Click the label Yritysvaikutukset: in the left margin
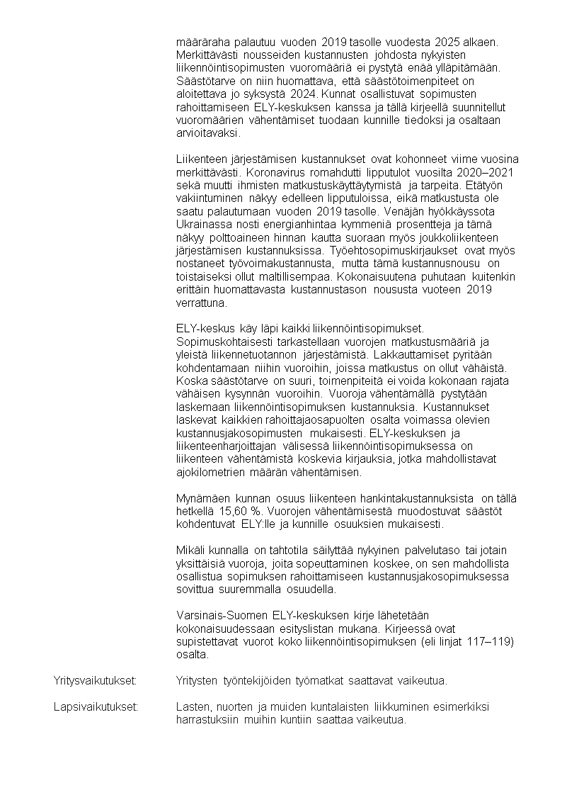[95, 681]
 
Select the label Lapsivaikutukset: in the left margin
[96, 707]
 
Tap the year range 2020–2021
[488, 174]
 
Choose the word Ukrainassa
[204, 225]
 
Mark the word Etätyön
[499, 186]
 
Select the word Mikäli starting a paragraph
[190, 551]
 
